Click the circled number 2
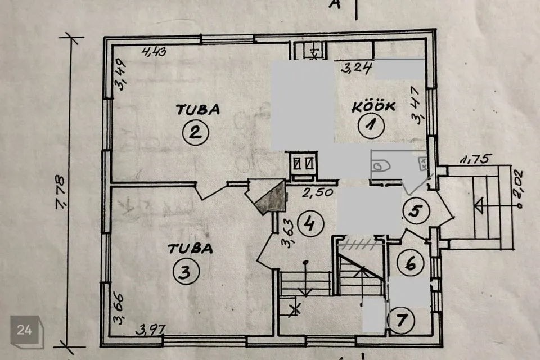196,132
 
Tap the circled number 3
186,272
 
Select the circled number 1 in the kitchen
371,125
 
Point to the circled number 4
310,223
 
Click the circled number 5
416,211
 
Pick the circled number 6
410,264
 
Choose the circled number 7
401,321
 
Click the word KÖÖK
373,107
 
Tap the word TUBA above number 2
198,110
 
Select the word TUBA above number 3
191,249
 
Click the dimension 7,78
61,192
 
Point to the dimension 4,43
154,52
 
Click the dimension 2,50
317,192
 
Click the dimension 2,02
517,185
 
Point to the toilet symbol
381,166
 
